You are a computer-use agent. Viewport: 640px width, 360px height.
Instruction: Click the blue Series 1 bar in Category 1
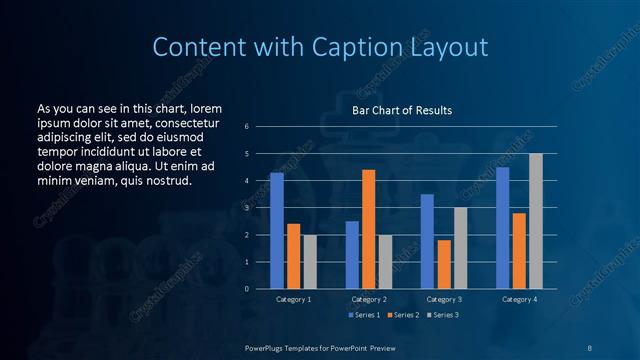277,231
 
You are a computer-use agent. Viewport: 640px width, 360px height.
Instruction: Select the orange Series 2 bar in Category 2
368,229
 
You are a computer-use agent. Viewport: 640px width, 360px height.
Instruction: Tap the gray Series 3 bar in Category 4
535,221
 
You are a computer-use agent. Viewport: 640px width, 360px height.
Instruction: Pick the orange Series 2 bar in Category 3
444,264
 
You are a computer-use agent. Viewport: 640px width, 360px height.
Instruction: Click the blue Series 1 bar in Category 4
502,228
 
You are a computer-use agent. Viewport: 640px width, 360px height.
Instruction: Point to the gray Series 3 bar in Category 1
310,262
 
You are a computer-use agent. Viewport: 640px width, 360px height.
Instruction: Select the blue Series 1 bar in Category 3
427,241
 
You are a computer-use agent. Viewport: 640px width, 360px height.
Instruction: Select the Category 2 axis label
368,300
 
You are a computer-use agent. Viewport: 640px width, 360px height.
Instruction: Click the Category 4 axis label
519,300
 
